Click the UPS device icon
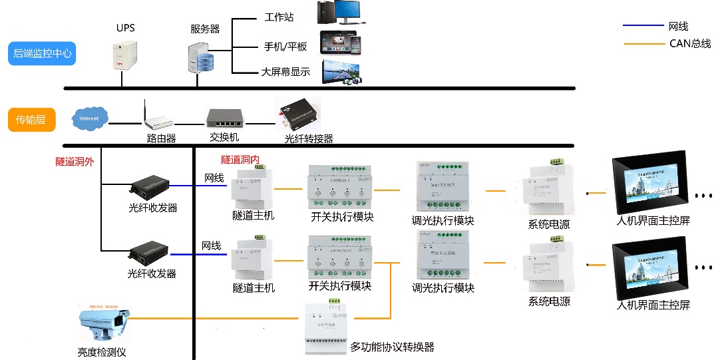coord(124,55)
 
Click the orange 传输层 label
coord(31,120)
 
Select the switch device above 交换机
coord(225,118)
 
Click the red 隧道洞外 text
coord(75,161)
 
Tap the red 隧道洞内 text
coord(240,160)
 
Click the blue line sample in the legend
coord(642,27)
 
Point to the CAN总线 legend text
coord(690,44)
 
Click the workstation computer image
coord(345,13)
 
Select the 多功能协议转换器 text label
coord(393,347)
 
